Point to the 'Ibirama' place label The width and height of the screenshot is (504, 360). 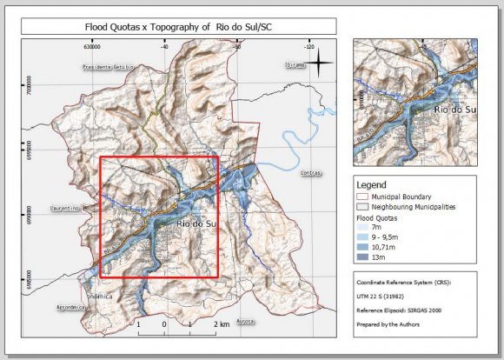296,65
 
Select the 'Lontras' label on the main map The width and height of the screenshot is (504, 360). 310,174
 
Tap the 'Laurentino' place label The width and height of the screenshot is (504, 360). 64,209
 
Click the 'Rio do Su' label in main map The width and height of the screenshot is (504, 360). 196,225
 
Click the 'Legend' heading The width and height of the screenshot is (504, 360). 372,184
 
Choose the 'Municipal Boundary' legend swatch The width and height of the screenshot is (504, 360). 363,197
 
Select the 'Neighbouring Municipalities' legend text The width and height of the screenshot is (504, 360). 414,208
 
